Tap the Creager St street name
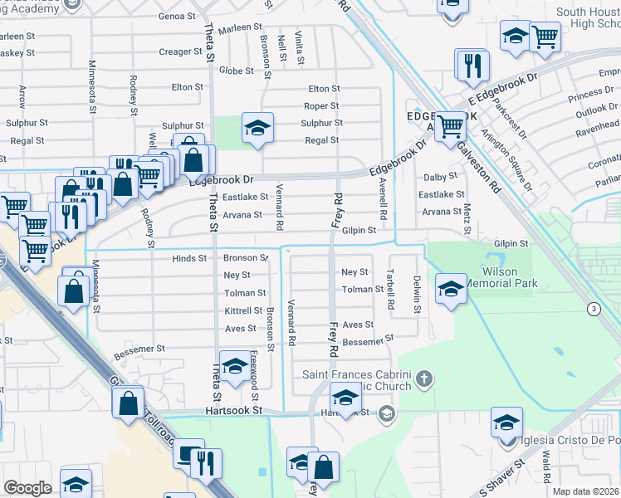pyautogui.click(x=175, y=51)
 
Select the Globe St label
pyautogui.click(x=236, y=71)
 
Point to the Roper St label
pyautogui.click(x=321, y=106)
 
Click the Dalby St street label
pyautogui.click(x=441, y=176)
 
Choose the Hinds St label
pyautogui.click(x=189, y=258)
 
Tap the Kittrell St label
pyautogui.click(x=243, y=310)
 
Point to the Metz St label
pyautogui.click(x=467, y=203)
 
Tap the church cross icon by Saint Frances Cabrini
pyautogui.click(x=424, y=379)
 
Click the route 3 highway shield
pyautogui.click(x=594, y=309)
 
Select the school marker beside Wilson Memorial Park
pyautogui.click(x=450, y=289)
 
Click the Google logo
pyautogui.click(x=28, y=488)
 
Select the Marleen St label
pyautogui.click(x=241, y=27)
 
